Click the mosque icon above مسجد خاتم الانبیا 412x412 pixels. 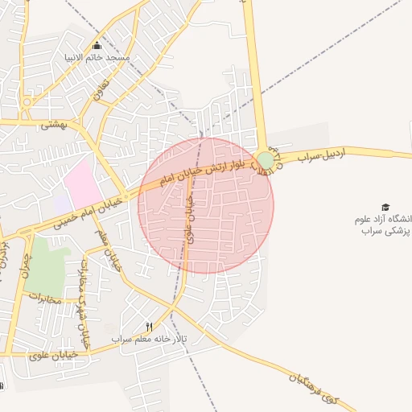click(x=97, y=45)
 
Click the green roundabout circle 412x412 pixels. click(x=265, y=160)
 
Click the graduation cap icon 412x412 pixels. click(x=385, y=207)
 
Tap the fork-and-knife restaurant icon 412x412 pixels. click(x=148, y=326)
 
